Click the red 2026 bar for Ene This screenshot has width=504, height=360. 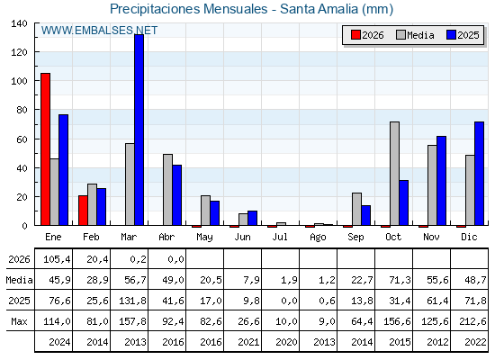(x=45, y=149)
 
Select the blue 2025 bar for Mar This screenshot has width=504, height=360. (x=139, y=130)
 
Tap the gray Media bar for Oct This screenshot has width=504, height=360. (x=395, y=174)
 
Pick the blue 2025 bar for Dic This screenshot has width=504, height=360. (x=479, y=174)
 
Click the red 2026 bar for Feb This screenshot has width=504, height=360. (x=83, y=211)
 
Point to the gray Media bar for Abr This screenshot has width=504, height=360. (x=167, y=190)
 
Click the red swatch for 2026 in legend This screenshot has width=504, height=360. (x=355, y=35)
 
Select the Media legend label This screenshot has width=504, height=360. (x=420, y=35)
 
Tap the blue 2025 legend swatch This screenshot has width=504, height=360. (x=451, y=35)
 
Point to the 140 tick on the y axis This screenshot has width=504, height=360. (x=19, y=23)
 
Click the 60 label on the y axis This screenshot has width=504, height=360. (x=22, y=139)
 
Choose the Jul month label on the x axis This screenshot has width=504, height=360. (x=280, y=238)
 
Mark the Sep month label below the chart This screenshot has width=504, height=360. (x=355, y=238)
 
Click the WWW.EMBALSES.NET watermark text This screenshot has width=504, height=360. (x=99, y=31)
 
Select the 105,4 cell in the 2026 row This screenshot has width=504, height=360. (x=57, y=259)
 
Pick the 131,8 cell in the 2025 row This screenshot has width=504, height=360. (x=132, y=301)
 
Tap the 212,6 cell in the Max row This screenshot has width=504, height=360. (x=472, y=321)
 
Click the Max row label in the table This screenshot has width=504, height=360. (x=19, y=321)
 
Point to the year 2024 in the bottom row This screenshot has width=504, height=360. (x=59, y=342)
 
